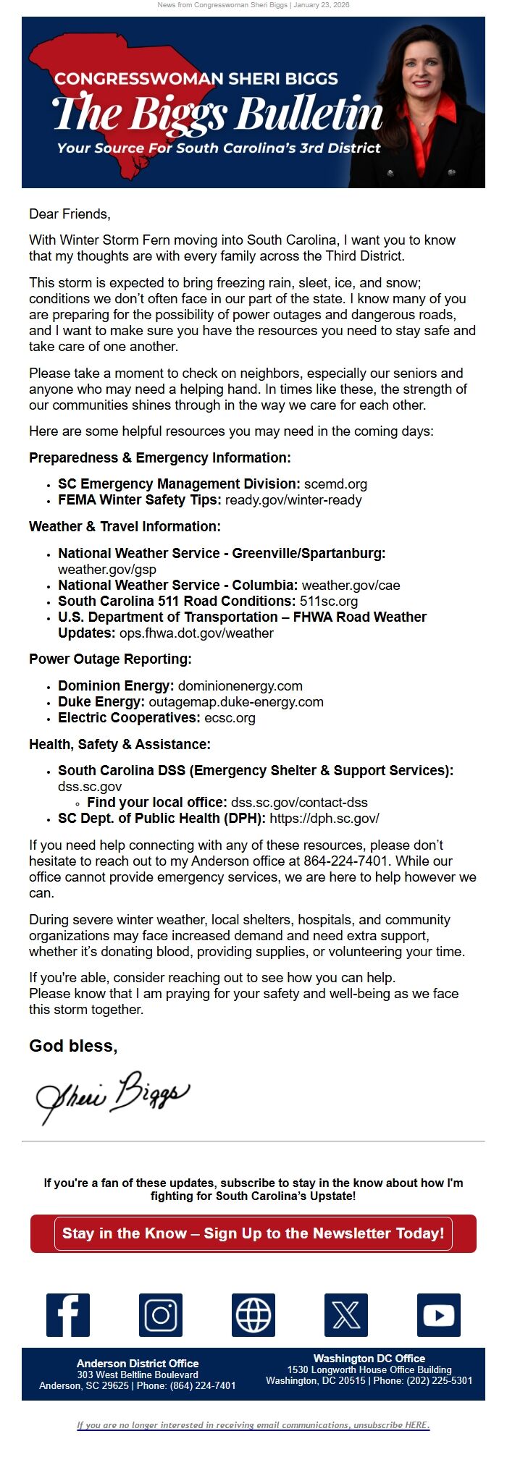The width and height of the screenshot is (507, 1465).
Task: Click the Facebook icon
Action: tap(68, 1314)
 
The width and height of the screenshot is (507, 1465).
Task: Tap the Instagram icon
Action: tap(161, 1314)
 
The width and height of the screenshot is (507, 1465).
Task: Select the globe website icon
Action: tap(253, 1314)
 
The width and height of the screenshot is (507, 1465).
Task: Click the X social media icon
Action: tap(346, 1314)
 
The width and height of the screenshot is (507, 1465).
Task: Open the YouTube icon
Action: tap(439, 1314)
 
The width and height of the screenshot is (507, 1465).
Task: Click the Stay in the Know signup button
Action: tap(253, 1233)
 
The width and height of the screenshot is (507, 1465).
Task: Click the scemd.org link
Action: tap(335, 484)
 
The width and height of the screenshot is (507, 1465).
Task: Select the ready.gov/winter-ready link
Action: tap(293, 499)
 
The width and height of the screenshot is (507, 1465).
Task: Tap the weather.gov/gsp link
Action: tap(107, 569)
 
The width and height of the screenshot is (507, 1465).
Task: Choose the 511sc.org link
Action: tap(329, 601)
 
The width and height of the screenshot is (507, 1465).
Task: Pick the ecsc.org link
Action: tap(230, 717)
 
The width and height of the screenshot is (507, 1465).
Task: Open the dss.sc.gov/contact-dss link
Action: tap(299, 802)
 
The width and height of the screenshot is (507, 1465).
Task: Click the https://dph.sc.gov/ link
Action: tap(324, 818)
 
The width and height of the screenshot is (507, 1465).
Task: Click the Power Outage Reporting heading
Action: tap(110, 659)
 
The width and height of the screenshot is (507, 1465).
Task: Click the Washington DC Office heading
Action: tap(369, 1358)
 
